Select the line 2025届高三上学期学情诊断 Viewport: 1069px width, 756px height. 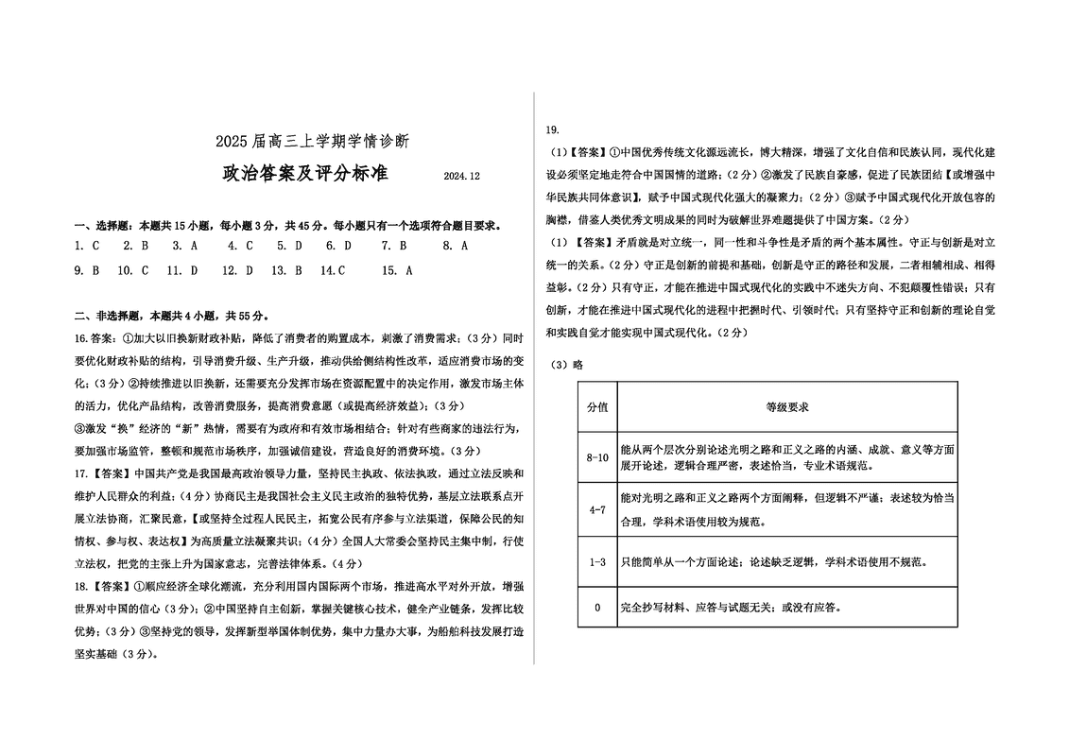[312, 142]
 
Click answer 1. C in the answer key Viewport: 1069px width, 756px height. [87, 246]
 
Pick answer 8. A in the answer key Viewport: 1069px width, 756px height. [456, 246]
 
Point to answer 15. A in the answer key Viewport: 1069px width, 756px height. [397, 270]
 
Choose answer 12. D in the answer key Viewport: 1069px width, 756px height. [237, 270]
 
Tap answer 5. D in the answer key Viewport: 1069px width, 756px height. [289, 246]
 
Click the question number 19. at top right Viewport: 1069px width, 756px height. [555, 129]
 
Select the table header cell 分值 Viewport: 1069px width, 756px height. [597, 406]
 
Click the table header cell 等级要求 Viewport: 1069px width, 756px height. [786, 406]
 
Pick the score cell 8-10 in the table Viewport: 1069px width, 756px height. [597, 457]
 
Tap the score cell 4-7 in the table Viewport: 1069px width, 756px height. [597, 510]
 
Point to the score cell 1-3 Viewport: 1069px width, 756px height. [597, 562]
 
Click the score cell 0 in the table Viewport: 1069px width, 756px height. [597, 608]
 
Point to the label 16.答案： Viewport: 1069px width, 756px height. [97, 338]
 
